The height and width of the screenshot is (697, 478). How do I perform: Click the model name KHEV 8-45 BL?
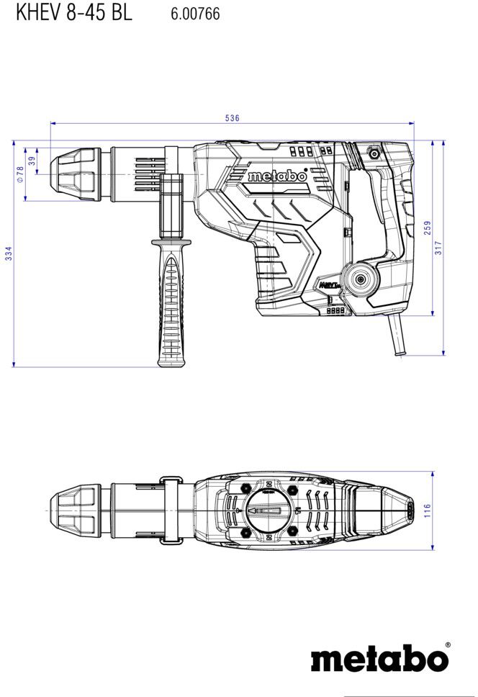point(73,12)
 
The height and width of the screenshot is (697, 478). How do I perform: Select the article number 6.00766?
point(195,14)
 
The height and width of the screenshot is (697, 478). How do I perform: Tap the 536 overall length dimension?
point(232,118)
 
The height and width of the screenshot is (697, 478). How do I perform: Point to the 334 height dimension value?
point(9,253)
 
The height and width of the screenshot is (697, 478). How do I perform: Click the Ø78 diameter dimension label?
point(19,174)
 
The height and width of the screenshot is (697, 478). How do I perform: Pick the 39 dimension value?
point(32,161)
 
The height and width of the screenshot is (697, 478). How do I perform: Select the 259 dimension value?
point(428,228)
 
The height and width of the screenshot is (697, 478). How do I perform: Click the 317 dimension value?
point(438,248)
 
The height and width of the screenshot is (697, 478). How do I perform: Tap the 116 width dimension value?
point(428,510)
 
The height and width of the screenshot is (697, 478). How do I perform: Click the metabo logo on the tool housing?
point(278,176)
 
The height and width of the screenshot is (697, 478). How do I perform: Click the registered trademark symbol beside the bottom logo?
point(447,644)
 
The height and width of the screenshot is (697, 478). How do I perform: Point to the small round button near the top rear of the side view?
point(374,154)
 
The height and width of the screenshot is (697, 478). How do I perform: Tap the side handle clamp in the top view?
point(171,511)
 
